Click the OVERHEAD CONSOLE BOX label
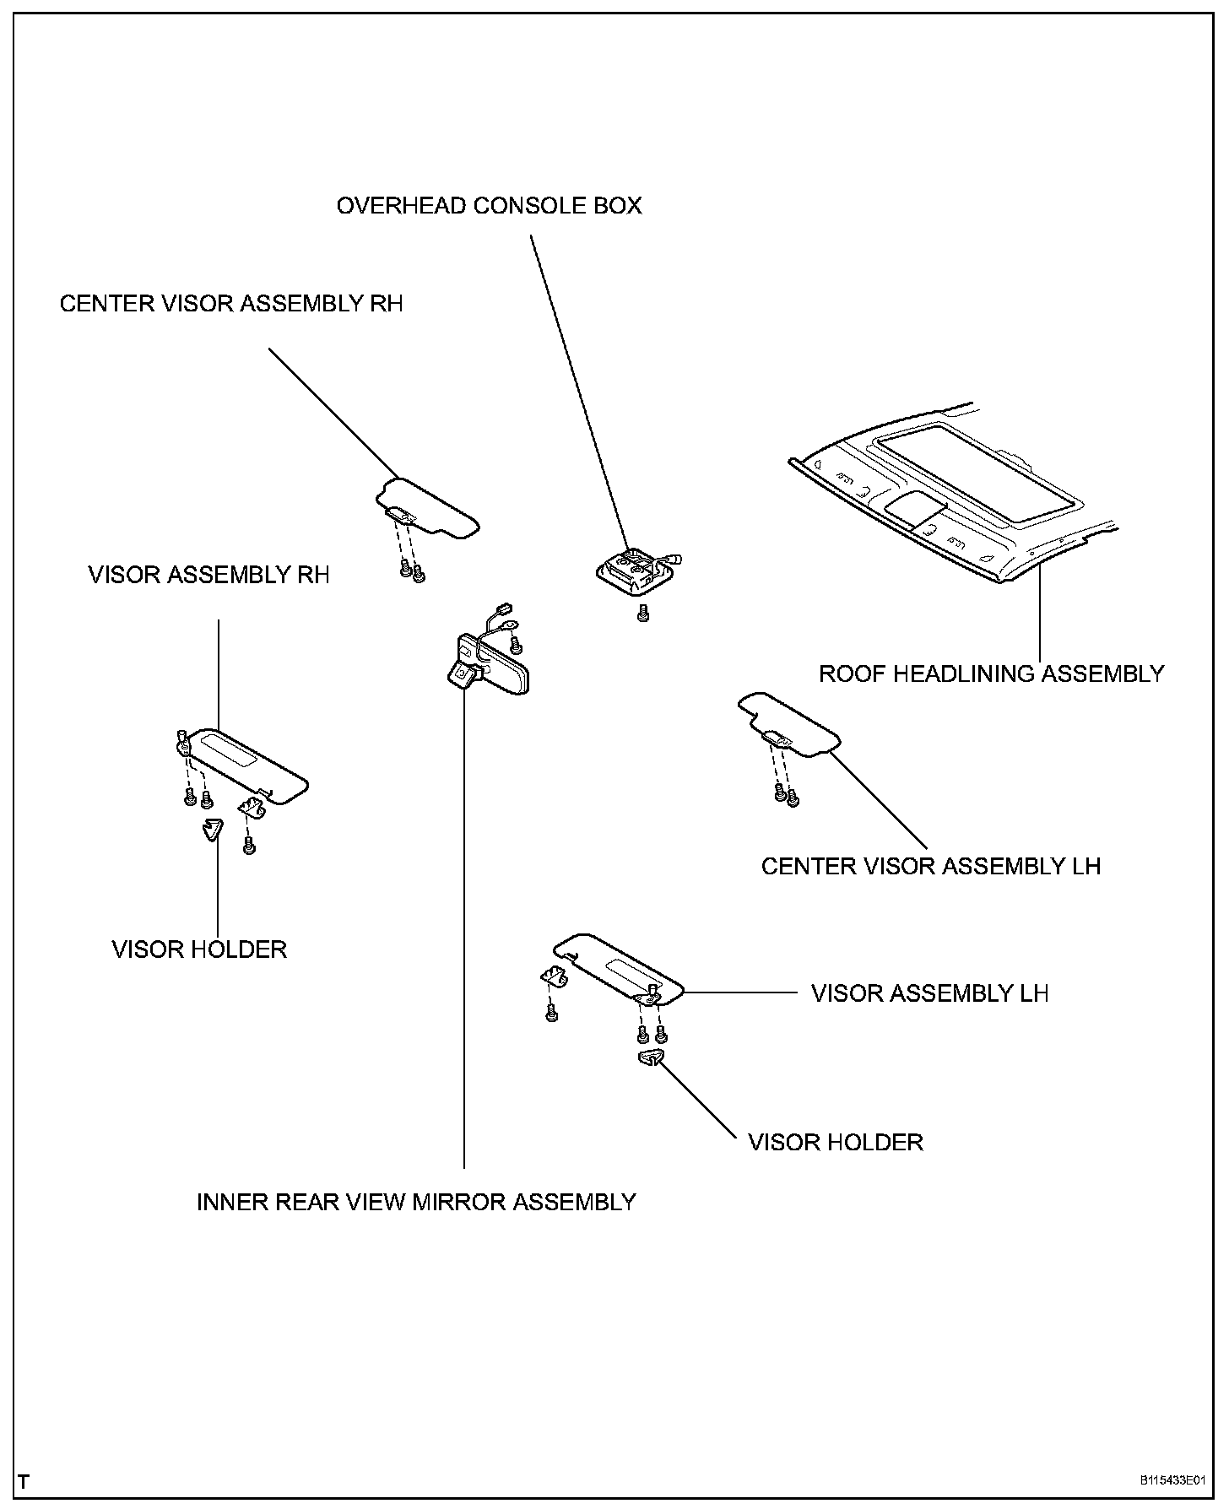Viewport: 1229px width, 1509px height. pos(489,206)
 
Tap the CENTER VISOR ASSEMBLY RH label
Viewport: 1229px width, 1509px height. pos(231,304)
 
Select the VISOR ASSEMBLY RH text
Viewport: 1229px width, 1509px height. pos(208,576)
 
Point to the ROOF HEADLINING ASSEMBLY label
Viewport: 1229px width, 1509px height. pos(992,674)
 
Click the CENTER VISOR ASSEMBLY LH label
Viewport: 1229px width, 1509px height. pos(931,867)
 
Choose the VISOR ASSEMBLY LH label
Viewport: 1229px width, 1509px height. pos(929,993)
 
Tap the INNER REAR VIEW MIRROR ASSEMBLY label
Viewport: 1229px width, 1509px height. pos(416,1202)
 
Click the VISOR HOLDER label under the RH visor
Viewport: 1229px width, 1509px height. pos(199,949)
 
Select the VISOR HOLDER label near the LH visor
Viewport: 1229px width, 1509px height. pos(836,1143)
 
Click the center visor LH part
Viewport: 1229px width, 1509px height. pos(789,722)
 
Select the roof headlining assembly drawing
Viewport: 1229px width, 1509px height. pos(954,506)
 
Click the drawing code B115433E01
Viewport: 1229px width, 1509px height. pos(1172,1481)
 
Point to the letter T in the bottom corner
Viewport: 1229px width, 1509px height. pos(24,1481)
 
